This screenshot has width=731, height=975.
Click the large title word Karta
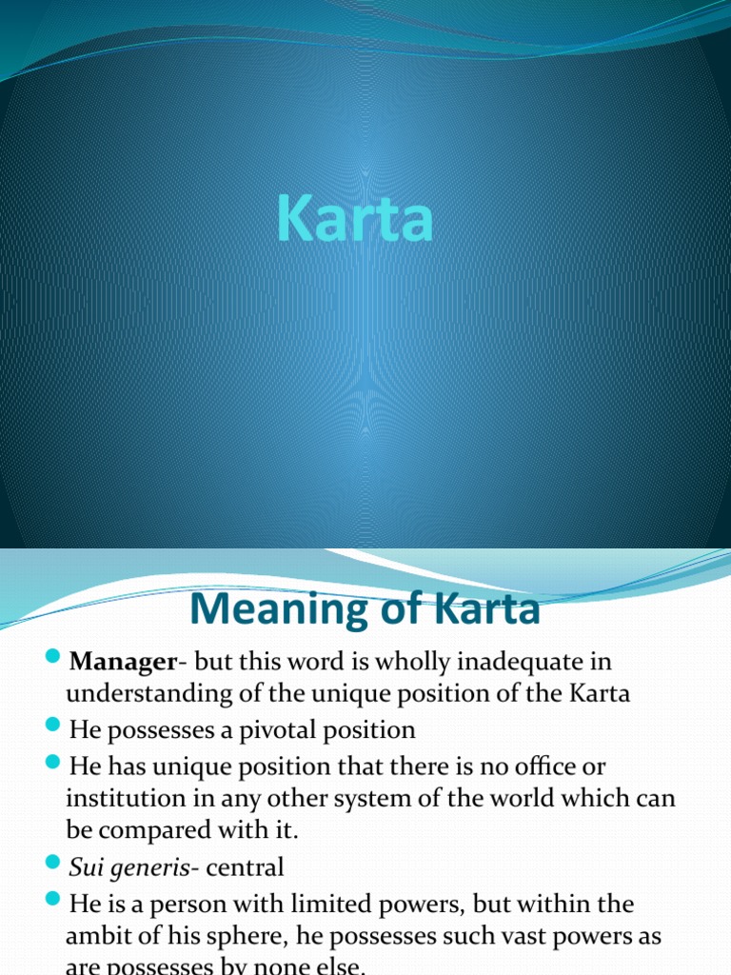(356, 219)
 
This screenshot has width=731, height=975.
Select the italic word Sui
(85, 866)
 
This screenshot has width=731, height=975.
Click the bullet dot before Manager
(53, 659)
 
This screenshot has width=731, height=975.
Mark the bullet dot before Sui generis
(53, 865)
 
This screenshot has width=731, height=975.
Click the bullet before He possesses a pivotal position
(53, 728)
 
